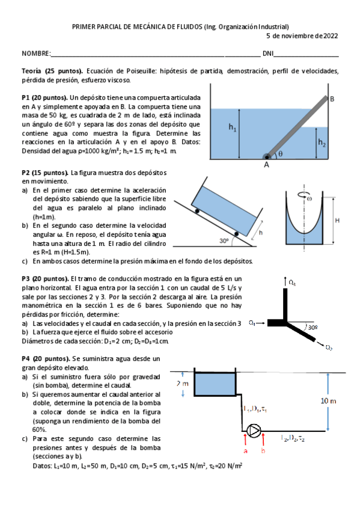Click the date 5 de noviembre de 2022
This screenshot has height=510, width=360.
tap(302, 35)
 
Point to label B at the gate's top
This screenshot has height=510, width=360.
tap(332, 99)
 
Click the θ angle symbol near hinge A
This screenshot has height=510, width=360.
tap(279, 154)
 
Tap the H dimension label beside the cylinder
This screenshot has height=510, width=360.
tap(337, 220)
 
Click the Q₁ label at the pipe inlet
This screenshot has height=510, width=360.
tap(253, 322)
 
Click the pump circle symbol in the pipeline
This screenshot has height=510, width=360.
tap(254, 431)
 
